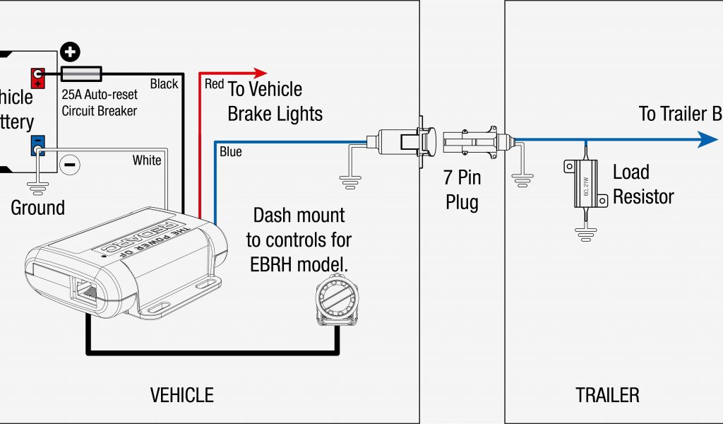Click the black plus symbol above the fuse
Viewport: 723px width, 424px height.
(70, 52)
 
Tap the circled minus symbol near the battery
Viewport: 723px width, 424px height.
(70, 164)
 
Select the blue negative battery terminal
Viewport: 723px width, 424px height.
(37, 145)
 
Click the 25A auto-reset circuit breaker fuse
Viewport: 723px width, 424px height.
(82, 73)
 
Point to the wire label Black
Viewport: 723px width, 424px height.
(164, 84)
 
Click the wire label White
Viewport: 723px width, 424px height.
(147, 160)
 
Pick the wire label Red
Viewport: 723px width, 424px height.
(214, 84)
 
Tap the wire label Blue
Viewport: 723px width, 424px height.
(230, 151)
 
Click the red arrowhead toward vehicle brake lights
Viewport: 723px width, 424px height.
(261, 72)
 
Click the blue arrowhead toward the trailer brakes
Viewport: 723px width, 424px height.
(708, 139)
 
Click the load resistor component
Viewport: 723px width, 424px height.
(585, 183)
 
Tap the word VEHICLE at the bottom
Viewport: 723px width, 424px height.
(181, 394)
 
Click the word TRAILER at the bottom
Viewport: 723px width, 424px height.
(607, 394)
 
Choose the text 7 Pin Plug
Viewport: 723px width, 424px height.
(462, 189)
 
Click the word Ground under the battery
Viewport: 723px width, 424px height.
(37, 208)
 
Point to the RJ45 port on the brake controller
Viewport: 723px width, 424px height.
(85, 290)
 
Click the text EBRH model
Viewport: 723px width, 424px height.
(298, 264)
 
